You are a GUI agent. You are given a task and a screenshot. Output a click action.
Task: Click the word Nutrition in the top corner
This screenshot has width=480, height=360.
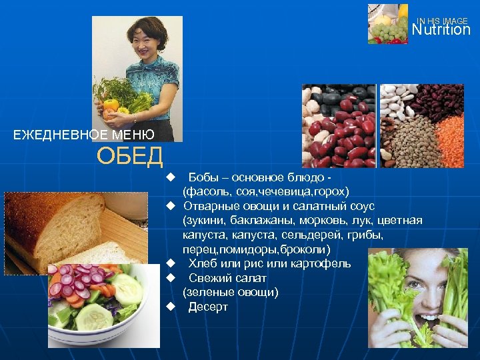441,30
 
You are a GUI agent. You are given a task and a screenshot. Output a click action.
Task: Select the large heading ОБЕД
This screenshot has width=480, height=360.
129,157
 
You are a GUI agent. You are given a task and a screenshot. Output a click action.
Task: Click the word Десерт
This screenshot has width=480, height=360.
208,307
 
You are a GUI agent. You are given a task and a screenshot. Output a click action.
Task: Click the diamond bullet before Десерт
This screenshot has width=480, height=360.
171,307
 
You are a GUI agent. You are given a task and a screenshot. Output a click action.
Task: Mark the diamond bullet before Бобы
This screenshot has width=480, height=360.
171,178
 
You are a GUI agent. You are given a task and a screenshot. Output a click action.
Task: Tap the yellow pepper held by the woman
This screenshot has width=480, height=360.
111,105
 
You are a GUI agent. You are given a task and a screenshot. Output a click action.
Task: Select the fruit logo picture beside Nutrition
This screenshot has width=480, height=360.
387,24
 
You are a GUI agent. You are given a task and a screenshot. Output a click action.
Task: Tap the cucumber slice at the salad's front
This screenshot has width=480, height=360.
94,316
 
